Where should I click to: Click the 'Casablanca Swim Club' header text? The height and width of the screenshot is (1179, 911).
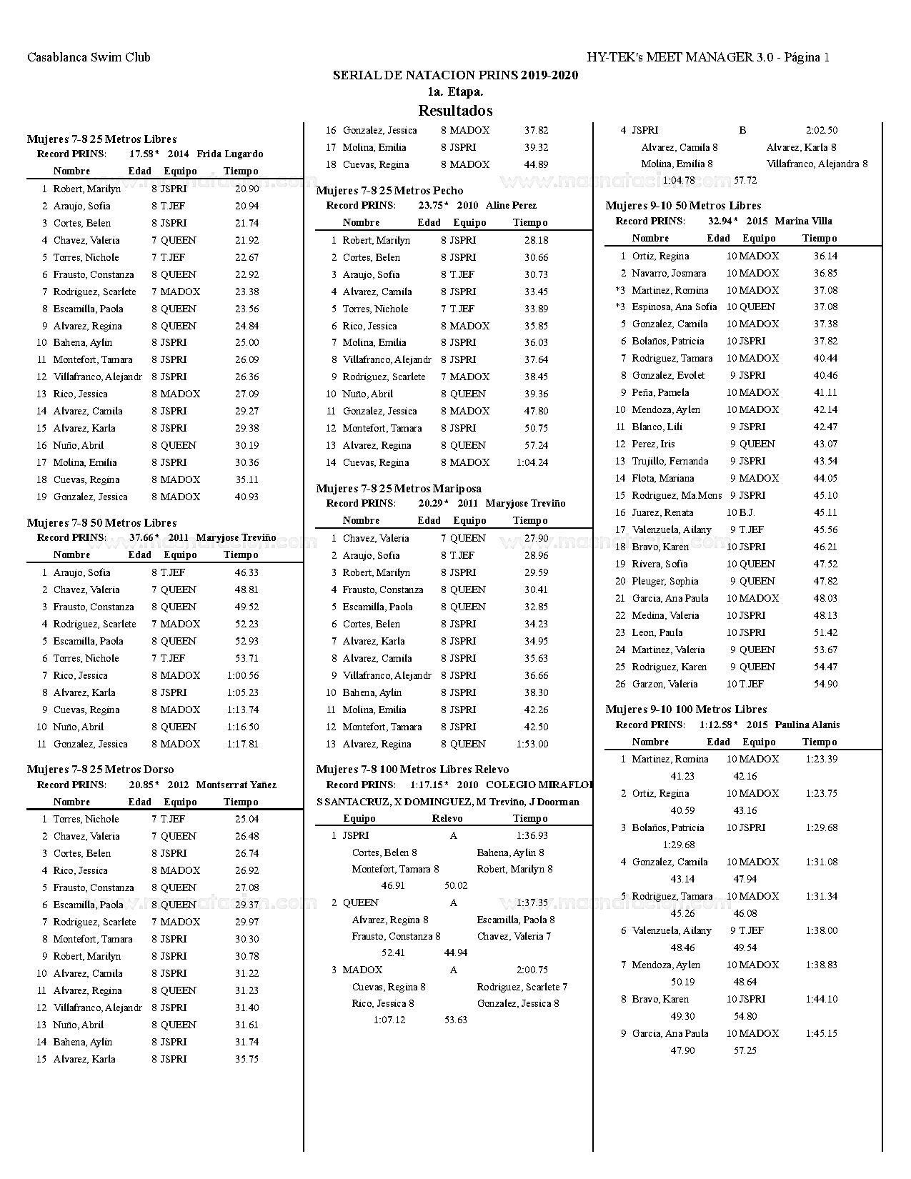[x=89, y=57]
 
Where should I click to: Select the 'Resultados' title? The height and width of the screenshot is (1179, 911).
[x=455, y=111]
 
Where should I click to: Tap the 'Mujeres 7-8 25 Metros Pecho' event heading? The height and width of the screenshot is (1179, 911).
[x=389, y=191]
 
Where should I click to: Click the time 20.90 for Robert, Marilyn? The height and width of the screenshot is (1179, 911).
[x=247, y=189]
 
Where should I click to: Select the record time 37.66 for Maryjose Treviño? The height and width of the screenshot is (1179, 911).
[x=141, y=537]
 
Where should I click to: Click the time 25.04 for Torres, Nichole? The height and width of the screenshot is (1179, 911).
[x=247, y=819]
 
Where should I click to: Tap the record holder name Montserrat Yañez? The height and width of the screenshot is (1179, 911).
[x=236, y=785]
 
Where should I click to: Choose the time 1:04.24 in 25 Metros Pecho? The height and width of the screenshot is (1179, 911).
[x=532, y=462]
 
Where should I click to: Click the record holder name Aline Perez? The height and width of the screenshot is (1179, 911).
[x=511, y=205]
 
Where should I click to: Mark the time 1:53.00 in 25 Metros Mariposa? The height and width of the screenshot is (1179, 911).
[x=532, y=744]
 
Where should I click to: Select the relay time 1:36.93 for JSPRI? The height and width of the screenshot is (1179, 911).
[x=532, y=835]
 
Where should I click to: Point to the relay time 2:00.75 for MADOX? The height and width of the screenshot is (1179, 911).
[x=532, y=970]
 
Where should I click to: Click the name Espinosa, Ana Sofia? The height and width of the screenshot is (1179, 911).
[x=674, y=307]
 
